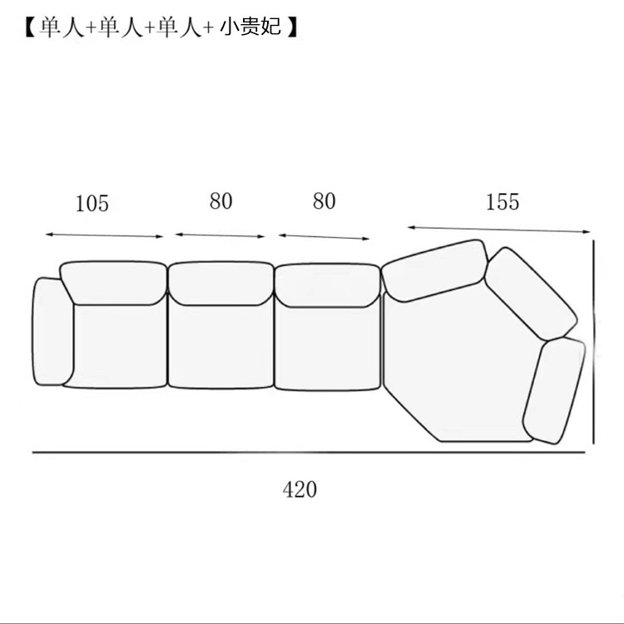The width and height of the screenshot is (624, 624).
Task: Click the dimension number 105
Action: [92, 204]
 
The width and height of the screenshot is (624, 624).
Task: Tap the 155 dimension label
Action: [502, 202]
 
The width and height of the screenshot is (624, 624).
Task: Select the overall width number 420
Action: [300, 489]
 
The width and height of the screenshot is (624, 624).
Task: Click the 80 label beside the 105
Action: [221, 202]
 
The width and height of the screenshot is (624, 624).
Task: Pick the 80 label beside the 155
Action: [324, 202]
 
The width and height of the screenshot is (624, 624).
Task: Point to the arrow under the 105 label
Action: [105, 236]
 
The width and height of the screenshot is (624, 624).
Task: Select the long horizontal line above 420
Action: [308, 453]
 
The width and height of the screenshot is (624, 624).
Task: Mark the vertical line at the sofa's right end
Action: [594, 341]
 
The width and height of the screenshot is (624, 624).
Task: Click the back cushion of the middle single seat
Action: [220, 283]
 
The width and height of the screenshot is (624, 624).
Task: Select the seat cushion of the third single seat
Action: [327, 345]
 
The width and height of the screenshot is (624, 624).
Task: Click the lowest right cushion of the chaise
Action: [554, 391]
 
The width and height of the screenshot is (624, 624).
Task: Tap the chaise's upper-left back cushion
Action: [435, 270]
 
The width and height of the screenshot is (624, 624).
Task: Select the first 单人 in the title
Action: [61, 27]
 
